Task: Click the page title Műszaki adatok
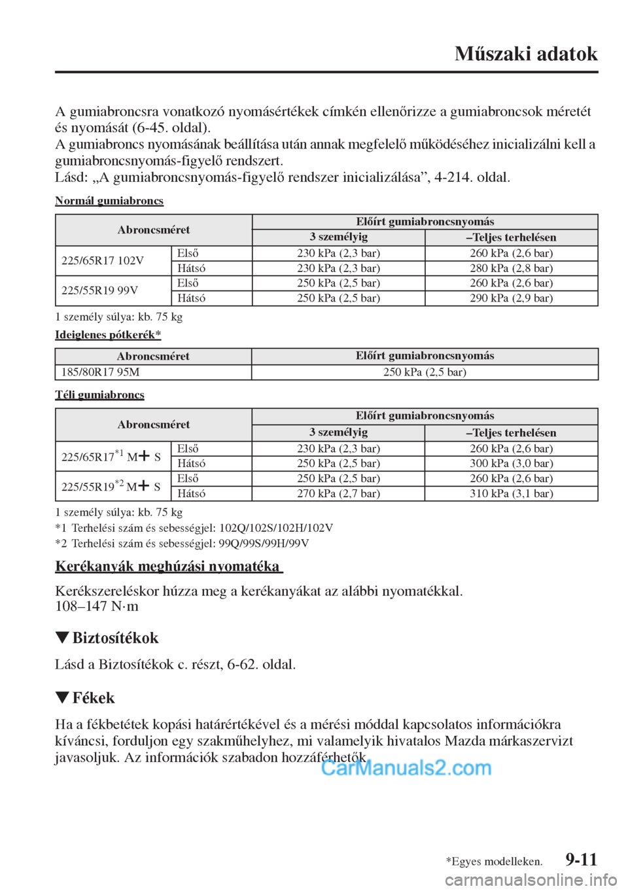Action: (x=526, y=54)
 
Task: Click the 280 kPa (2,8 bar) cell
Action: (x=511, y=268)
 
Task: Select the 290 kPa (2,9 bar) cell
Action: (x=511, y=298)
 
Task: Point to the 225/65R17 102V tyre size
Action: (x=103, y=260)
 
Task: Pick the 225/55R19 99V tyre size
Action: (x=99, y=290)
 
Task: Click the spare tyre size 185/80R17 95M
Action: (x=100, y=372)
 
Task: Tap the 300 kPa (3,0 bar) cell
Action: (x=511, y=464)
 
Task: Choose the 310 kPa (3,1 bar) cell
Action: (x=511, y=494)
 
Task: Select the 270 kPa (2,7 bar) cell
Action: (x=338, y=494)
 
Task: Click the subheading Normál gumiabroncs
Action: (x=109, y=201)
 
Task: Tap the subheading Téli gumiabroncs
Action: (x=99, y=395)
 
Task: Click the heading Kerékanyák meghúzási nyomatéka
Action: (x=167, y=566)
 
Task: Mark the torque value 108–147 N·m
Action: (x=97, y=606)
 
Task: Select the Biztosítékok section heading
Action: (x=115, y=638)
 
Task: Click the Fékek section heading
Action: (x=94, y=698)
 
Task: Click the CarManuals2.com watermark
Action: (x=406, y=767)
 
